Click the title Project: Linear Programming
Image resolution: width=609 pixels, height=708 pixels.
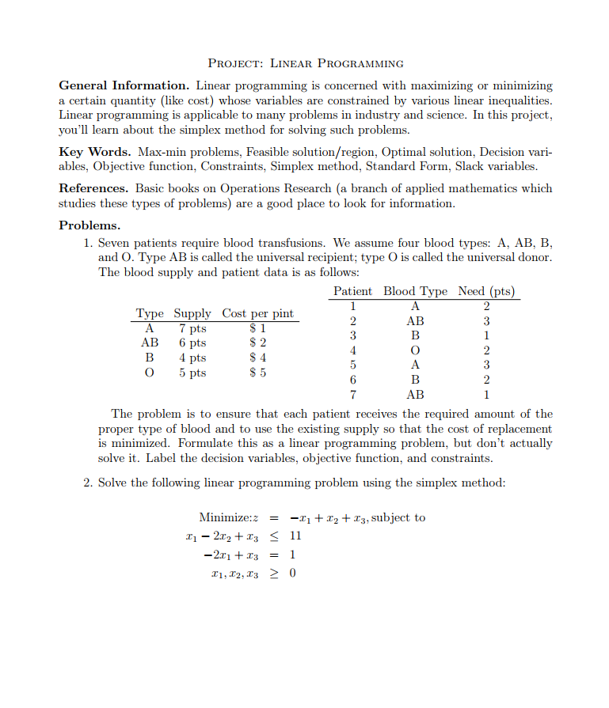pyautogui.click(x=305, y=63)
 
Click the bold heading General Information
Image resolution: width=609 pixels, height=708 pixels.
pyautogui.click(x=124, y=85)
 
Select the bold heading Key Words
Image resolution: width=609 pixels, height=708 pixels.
pyautogui.click(x=94, y=152)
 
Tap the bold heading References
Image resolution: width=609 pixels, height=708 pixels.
pyautogui.click(x=93, y=188)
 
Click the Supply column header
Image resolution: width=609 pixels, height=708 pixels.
pyautogui.click(x=192, y=313)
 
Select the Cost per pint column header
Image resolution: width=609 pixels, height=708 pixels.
pyautogui.click(x=257, y=313)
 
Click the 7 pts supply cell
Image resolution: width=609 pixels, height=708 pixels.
pyautogui.click(x=192, y=328)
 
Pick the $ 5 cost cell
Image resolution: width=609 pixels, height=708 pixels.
pyautogui.click(x=257, y=373)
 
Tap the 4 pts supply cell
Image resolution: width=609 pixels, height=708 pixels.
pyautogui.click(x=192, y=358)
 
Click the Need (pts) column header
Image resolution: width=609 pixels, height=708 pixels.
pyautogui.click(x=486, y=291)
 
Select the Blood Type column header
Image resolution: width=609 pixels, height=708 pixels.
pyautogui.click(x=415, y=291)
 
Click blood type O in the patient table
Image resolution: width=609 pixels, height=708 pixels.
pyautogui.click(x=414, y=350)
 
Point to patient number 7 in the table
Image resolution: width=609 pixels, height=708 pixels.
pyautogui.click(x=353, y=394)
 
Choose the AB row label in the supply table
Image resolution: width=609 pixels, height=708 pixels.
pyautogui.click(x=149, y=343)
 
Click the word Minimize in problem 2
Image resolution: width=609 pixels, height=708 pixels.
pyautogui.click(x=224, y=517)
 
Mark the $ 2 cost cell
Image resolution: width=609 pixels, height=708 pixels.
pyautogui.click(x=257, y=343)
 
